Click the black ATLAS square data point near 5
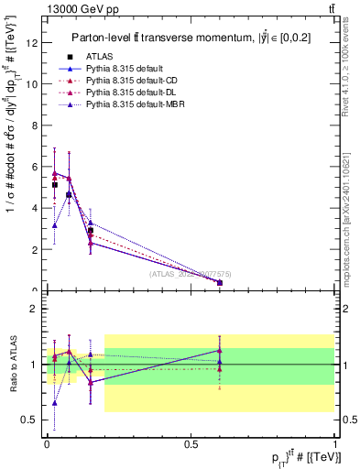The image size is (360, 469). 55,184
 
